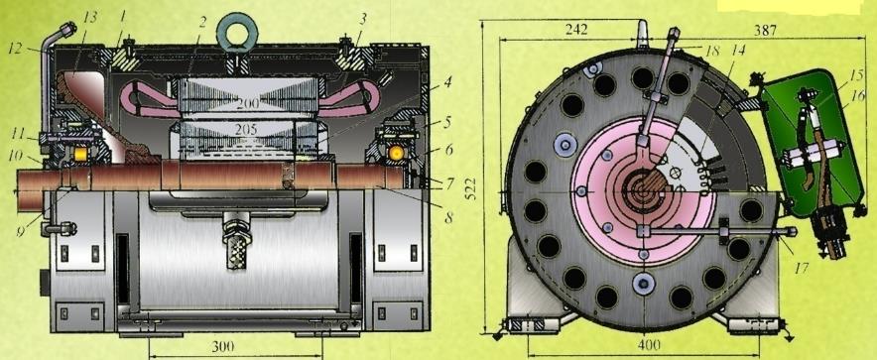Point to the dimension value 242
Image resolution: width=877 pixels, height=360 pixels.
575,30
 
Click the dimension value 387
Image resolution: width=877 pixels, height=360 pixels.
765,30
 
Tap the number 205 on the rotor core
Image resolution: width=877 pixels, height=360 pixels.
245,130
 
